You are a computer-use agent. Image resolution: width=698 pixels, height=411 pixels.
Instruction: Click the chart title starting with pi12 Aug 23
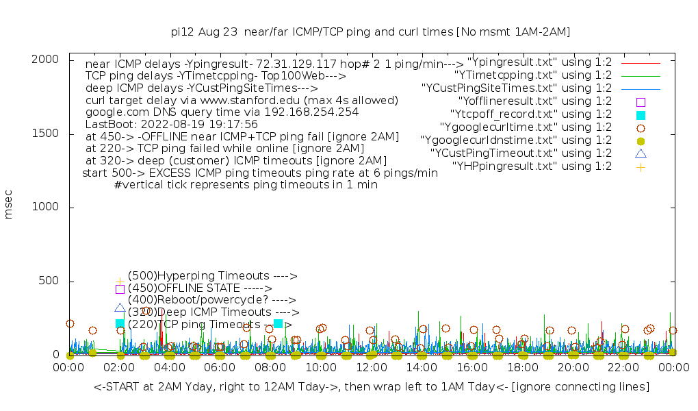pos(370,32)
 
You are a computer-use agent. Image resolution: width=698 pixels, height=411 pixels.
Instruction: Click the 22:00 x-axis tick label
pos(623,368)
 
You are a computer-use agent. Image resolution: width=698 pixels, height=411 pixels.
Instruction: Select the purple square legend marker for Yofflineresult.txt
pos(641,102)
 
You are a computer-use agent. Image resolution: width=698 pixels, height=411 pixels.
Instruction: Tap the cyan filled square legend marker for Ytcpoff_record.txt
pos(641,115)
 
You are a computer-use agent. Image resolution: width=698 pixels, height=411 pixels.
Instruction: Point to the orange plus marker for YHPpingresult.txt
pos(641,167)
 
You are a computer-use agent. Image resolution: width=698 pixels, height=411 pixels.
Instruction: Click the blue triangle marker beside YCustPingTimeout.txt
pos(641,153)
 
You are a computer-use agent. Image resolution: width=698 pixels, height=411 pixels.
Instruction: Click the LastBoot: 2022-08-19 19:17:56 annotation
pos(171,125)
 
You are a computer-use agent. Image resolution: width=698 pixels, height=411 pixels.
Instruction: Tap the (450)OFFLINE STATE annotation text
pos(200,288)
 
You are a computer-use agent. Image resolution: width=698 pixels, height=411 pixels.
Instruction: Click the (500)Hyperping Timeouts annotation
pos(212,276)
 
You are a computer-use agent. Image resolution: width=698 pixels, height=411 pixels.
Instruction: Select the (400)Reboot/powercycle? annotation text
pos(211,300)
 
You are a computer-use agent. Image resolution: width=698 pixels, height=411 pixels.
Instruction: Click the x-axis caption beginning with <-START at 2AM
pos(372,387)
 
